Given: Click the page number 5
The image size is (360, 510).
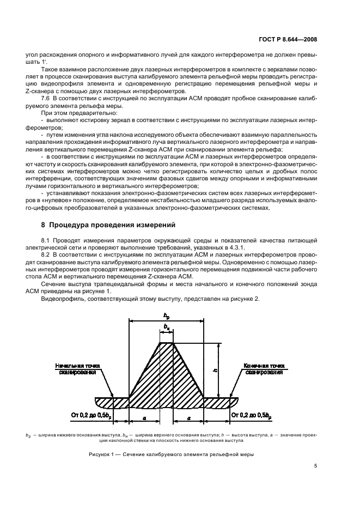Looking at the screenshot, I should coord(316,465).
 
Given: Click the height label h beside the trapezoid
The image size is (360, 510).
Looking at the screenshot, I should coord(216,370).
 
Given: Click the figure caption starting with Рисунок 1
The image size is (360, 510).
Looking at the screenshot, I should coord(170,454).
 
